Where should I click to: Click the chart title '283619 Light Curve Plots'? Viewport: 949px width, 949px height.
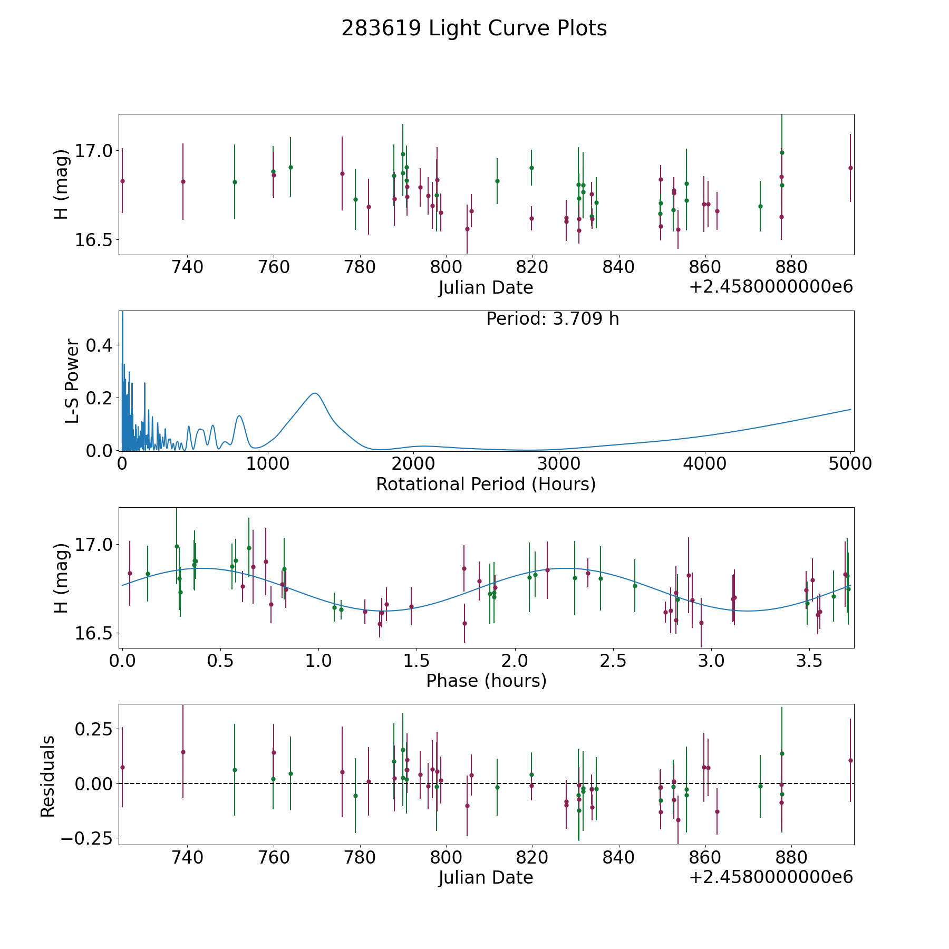474,28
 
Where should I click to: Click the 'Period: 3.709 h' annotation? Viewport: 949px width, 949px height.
553,319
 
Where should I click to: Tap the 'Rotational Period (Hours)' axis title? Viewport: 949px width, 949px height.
486,484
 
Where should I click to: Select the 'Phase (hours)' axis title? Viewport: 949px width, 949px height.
486,681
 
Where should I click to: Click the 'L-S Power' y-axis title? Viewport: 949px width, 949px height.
72,381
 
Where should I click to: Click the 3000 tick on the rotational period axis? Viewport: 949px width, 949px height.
559,463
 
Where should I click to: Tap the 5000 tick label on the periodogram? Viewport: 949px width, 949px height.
850,463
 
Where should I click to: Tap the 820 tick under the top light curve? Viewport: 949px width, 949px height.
532,267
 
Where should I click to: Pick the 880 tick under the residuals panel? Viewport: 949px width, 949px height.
791,858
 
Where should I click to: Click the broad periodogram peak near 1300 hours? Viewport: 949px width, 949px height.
315,393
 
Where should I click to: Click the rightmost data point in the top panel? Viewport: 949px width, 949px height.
850,168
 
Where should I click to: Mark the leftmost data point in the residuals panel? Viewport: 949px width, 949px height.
122,767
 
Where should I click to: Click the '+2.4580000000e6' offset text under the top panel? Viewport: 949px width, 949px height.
771,287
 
